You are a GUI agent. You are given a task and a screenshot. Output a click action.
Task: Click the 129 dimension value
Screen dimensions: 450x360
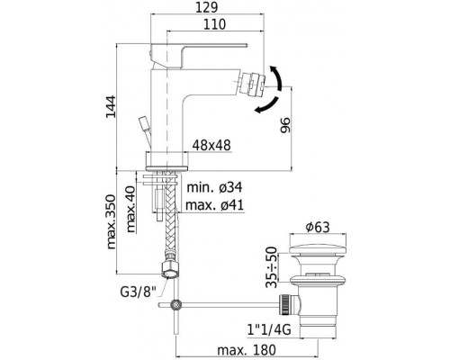[x=206, y=7]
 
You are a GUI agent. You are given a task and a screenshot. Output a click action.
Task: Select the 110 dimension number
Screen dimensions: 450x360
[x=214, y=24]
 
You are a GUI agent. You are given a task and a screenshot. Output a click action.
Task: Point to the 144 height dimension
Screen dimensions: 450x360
[x=111, y=107]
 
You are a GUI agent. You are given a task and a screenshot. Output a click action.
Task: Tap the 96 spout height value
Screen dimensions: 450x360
[x=285, y=125]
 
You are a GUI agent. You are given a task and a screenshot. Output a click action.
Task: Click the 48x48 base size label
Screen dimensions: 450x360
[x=211, y=146]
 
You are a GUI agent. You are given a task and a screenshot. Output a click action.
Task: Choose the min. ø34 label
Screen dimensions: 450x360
[x=214, y=187]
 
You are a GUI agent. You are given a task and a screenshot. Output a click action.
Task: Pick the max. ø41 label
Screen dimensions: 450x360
[x=214, y=205]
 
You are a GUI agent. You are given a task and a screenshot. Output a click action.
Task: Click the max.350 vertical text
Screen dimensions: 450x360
[x=111, y=221]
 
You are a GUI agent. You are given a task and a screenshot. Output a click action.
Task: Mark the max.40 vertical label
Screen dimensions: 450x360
[x=130, y=210]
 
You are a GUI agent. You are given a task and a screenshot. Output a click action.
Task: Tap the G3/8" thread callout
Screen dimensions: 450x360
[x=139, y=292]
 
